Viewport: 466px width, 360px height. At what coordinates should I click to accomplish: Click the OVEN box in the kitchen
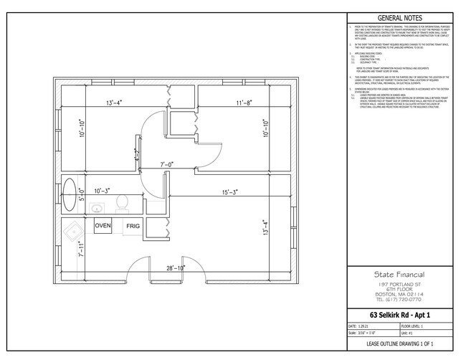(x=103, y=226)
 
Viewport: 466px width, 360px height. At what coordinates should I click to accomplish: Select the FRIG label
(x=133, y=227)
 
